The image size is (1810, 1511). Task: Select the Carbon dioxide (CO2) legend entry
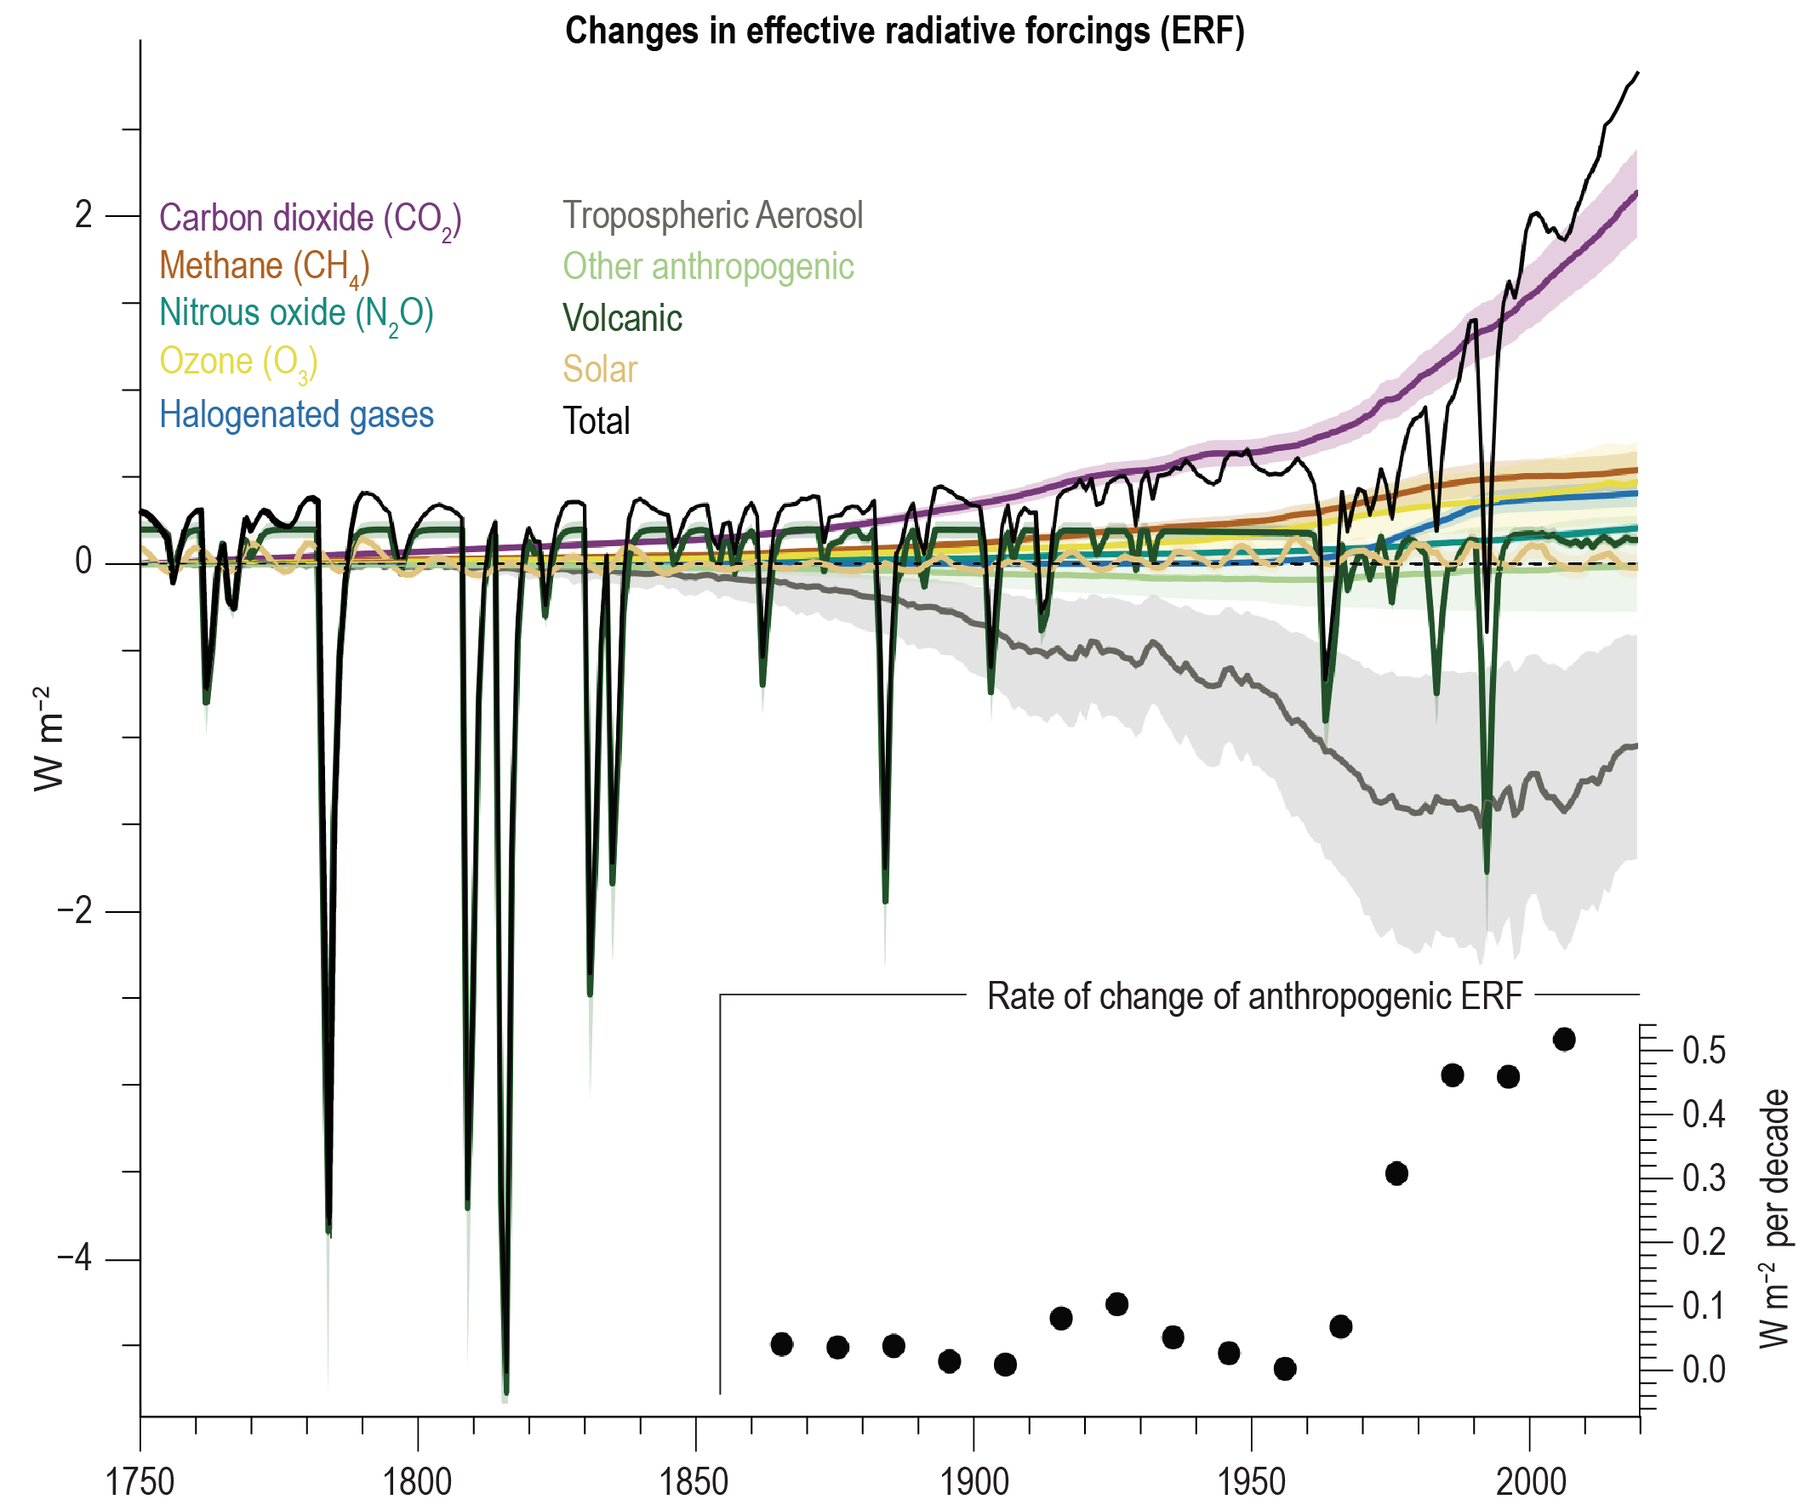coord(311,219)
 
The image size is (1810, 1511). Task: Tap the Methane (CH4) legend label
coord(265,266)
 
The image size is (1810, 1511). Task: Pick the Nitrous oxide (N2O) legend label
coord(296,314)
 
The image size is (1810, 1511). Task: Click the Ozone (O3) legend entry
coord(239,362)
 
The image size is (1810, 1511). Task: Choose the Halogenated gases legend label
coord(296,414)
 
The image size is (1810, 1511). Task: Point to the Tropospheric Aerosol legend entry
coord(713,215)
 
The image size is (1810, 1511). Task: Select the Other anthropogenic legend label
coord(709,267)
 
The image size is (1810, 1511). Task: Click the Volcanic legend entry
coord(622,319)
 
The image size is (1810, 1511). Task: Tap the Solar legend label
coord(600,370)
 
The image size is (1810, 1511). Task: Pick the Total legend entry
coord(597,421)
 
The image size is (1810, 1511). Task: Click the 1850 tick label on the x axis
coord(694,1483)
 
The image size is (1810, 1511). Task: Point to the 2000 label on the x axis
coord(1531,1483)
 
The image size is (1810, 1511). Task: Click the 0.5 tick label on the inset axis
coord(1704,1051)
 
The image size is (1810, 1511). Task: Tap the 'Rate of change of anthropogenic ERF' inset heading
coord(1254,996)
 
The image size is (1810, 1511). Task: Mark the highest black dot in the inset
coord(1564,1040)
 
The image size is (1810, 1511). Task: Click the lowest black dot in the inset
coord(1284,1368)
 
